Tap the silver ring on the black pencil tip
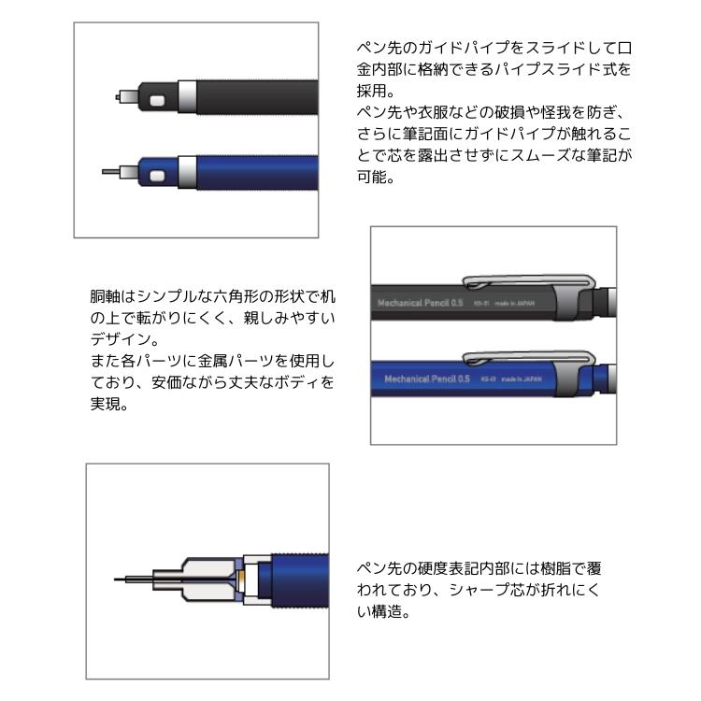tap(187, 96)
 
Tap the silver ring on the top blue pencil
tap(187, 172)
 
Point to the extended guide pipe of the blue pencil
tap(111, 172)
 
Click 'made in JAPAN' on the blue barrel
tap(522, 379)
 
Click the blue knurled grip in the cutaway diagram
tap(299, 579)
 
